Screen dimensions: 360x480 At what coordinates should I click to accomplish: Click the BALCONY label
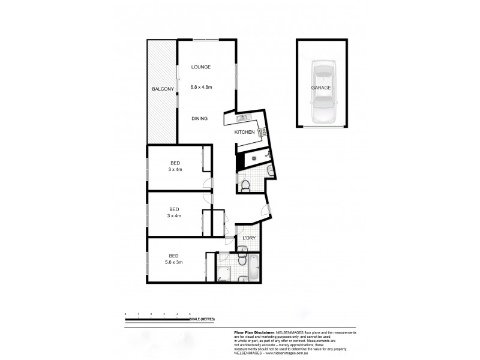pyautogui.click(x=163, y=89)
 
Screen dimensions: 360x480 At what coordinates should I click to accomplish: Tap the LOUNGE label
pyautogui.click(x=201, y=68)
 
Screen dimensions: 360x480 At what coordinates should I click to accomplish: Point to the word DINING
pyautogui.click(x=200, y=119)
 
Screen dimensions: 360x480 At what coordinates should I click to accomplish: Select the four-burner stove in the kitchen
pyautogui.click(x=262, y=135)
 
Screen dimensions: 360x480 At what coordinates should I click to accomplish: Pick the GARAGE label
pyautogui.click(x=321, y=88)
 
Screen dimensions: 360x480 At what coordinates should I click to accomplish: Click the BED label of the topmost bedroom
pyautogui.click(x=175, y=163)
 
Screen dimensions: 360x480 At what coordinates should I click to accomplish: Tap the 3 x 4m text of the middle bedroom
pyautogui.click(x=175, y=215)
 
